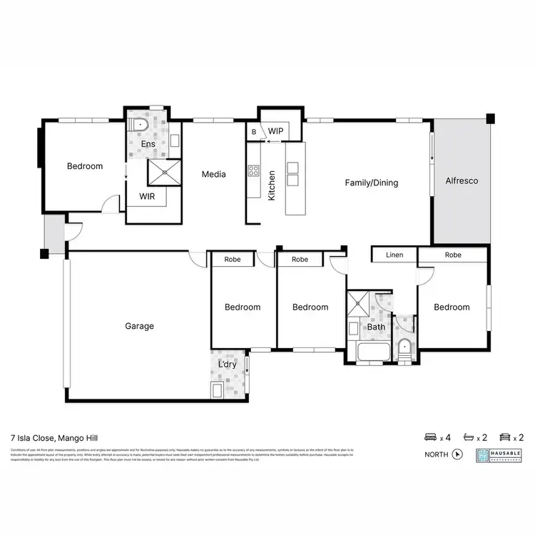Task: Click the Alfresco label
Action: [462, 181]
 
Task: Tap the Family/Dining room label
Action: [372, 183]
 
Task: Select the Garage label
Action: [140, 327]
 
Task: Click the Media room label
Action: [214, 174]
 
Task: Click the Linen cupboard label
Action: [394, 255]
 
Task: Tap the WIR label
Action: [148, 196]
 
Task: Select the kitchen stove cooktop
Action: [253, 171]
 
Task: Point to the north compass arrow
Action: [457, 454]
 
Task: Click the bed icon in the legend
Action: [431, 437]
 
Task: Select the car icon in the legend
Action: [505, 437]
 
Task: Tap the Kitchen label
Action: [272, 185]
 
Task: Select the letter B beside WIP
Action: [253, 133]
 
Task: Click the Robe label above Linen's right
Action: [453, 255]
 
